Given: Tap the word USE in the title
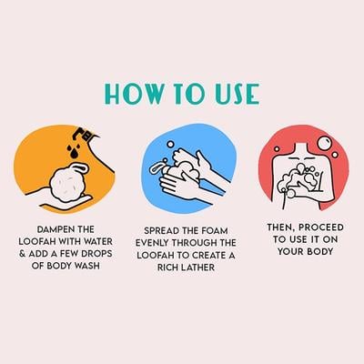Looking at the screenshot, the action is [237, 94].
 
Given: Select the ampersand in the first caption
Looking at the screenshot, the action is [23, 254].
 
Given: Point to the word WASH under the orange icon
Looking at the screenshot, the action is [86, 266].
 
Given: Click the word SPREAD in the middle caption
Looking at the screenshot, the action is [162, 231].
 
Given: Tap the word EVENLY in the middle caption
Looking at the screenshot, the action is [153, 243].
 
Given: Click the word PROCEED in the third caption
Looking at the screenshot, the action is [318, 227].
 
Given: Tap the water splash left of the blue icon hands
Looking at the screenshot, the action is [157, 167].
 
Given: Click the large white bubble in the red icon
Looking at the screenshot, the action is [325, 143].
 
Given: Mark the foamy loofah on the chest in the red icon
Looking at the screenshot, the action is [300, 179].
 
